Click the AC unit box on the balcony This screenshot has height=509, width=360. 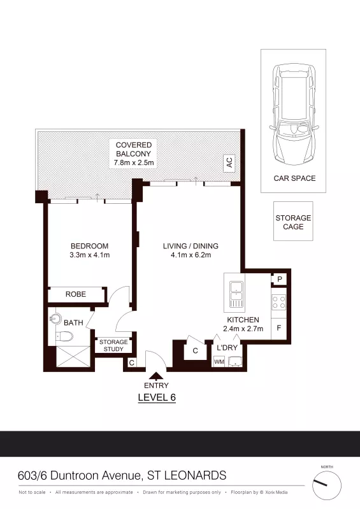click(229, 162)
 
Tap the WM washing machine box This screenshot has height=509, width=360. click(219, 361)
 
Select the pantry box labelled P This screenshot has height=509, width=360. click(280, 279)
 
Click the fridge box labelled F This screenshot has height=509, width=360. click(279, 328)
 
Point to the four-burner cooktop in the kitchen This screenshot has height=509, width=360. click(279, 302)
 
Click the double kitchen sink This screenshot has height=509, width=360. click(236, 294)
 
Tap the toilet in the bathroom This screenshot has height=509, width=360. click(65, 336)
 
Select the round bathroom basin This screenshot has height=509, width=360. click(56, 319)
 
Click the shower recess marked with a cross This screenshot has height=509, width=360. click(73, 357)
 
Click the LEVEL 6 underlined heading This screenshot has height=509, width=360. click(157, 398)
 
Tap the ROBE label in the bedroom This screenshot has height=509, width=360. click(76, 294)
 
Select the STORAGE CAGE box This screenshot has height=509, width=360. click(293, 221)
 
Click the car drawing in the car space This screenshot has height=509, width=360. click(294, 114)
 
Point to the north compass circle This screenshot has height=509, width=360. click(327, 485)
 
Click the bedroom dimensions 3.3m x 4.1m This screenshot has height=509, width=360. click(90, 255)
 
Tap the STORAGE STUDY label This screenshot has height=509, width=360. click(113, 345)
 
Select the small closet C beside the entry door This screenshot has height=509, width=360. click(131, 362)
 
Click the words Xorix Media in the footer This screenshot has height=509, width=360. click(277, 492)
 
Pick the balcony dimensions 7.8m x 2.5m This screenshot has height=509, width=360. click(134, 162)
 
